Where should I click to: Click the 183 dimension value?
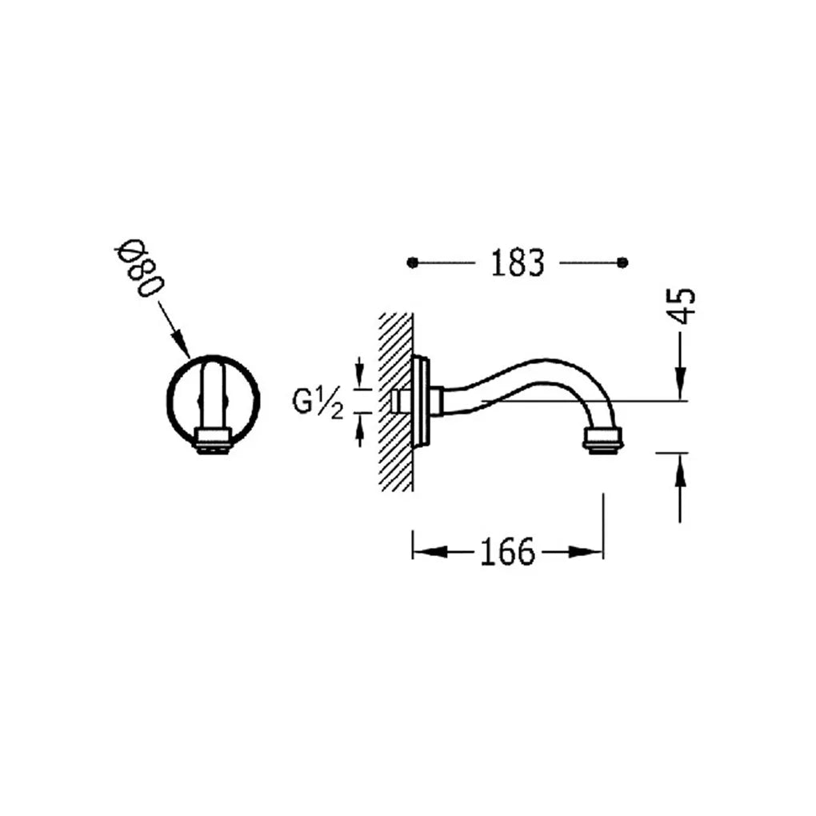518,263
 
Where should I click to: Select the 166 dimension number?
507,552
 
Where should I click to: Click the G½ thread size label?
318,404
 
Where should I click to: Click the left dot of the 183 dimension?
413,263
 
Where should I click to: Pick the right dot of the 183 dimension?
622,263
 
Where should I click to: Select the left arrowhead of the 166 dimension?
430,552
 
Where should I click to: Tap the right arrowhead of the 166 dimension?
586,552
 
